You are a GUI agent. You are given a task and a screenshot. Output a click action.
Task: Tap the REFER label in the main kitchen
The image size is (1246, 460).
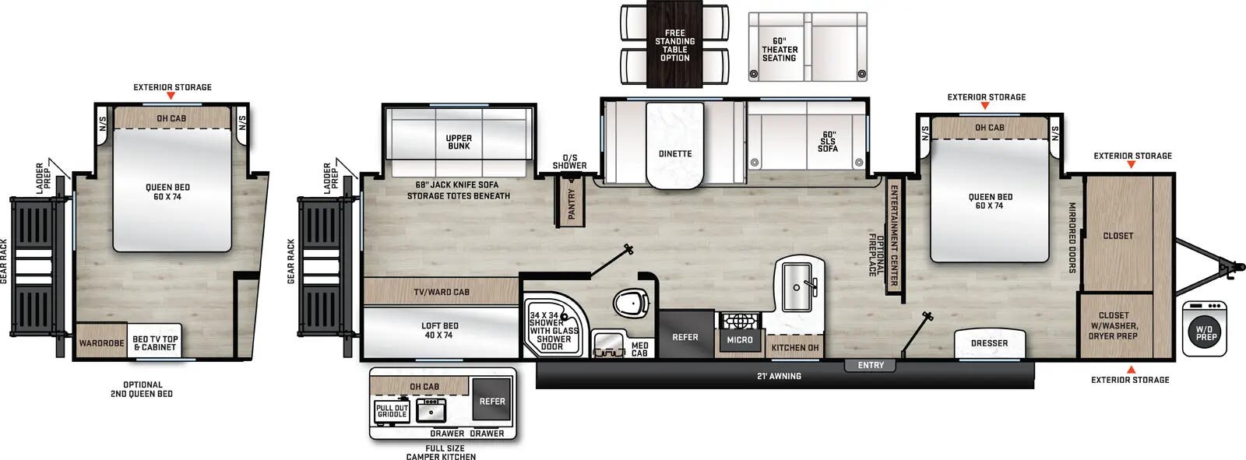[x=685, y=337]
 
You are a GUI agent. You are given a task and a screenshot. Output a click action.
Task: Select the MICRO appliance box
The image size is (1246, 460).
[x=740, y=339]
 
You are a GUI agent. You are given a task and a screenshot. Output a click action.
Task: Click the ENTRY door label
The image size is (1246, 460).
[x=871, y=365]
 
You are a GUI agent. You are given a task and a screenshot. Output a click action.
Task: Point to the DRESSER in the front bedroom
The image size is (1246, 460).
[x=989, y=343]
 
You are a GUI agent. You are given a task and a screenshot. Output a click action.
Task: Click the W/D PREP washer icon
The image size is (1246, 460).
[x=1206, y=333]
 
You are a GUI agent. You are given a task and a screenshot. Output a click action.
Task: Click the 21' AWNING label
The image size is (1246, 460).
[x=780, y=376]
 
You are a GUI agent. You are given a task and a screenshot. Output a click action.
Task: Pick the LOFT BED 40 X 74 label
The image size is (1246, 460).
[x=440, y=331]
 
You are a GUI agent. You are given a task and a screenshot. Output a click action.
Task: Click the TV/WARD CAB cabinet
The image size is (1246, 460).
[x=442, y=292]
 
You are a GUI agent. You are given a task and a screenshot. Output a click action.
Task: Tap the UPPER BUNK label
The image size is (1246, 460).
[x=459, y=142]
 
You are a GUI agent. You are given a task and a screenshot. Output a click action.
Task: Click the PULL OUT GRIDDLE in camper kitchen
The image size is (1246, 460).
[x=392, y=411]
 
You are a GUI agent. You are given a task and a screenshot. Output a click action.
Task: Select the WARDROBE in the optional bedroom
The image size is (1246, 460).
[x=101, y=343]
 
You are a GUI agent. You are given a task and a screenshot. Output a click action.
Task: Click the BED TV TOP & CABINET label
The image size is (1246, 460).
[x=155, y=343]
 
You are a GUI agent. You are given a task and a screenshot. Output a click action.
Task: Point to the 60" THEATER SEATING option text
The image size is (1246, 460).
[x=780, y=49]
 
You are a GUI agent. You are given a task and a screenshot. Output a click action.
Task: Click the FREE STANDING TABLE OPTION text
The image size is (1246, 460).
[x=675, y=45]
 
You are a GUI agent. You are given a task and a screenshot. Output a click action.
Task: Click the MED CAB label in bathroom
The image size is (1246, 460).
[x=639, y=349]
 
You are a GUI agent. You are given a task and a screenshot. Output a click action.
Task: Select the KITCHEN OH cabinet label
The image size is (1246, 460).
[x=795, y=347]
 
